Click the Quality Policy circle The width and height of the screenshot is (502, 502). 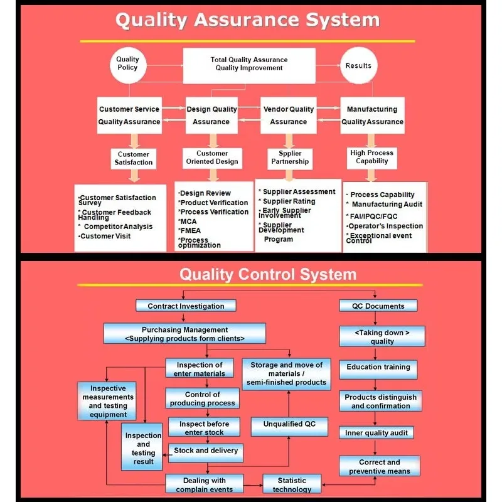pyautogui.click(x=128, y=65)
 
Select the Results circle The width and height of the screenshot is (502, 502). pyautogui.click(x=358, y=65)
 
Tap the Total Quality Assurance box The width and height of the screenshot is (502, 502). pyautogui.click(x=249, y=66)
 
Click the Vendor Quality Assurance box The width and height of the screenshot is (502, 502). pyautogui.click(x=289, y=115)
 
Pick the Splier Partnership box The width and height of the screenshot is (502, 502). pyautogui.click(x=290, y=159)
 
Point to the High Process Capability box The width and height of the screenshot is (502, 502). pyautogui.click(x=371, y=158)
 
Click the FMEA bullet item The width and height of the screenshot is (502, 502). pyautogui.click(x=190, y=230)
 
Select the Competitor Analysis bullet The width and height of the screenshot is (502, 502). pyautogui.click(x=115, y=227)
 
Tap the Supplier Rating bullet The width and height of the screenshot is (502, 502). pyautogui.click(x=287, y=201)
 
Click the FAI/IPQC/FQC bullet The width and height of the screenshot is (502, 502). pyautogui.click(x=371, y=216)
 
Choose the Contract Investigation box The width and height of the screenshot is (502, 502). pyautogui.click(x=186, y=306)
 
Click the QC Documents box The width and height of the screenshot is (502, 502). pyautogui.click(x=378, y=306)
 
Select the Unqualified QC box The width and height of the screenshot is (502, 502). pyautogui.click(x=289, y=427)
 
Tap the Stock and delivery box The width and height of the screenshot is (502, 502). pyautogui.click(x=206, y=452)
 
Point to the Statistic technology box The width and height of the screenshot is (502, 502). pyautogui.click(x=292, y=484)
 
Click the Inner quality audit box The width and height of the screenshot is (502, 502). pyautogui.click(x=376, y=432)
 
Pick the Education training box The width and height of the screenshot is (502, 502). pyautogui.click(x=378, y=370)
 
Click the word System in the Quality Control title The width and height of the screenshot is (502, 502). pyautogui.click(x=328, y=274)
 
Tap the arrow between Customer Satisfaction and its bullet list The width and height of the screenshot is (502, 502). pyautogui.click(x=134, y=176)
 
